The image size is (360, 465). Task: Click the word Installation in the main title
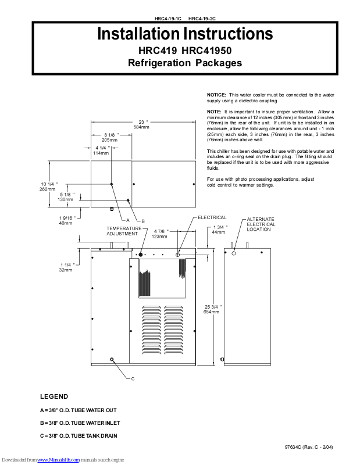(x=138, y=33)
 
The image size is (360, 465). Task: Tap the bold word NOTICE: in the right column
(x=216, y=94)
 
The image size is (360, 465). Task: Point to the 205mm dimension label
(x=109, y=140)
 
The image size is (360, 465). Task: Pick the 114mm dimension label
(x=102, y=153)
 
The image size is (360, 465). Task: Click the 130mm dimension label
(x=66, y=199)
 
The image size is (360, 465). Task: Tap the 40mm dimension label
(x=66, y=223)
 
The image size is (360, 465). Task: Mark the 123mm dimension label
(x=159, y=237)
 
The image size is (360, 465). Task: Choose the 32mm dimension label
(x=66, y=270)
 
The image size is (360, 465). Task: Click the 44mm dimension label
(x=219, y=232)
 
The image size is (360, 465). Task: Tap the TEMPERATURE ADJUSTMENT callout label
(x=123, y=231)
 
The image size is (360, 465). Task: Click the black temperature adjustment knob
(x=141, y=255)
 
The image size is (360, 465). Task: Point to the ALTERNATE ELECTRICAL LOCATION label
(x=261, y=224)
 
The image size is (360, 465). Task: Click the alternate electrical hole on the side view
(x=234, y=253)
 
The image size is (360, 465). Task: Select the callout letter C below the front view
(x=133, y=378)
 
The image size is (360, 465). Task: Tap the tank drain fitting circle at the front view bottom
(x=112, y=359)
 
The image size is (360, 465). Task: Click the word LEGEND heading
(x=54, y=396)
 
